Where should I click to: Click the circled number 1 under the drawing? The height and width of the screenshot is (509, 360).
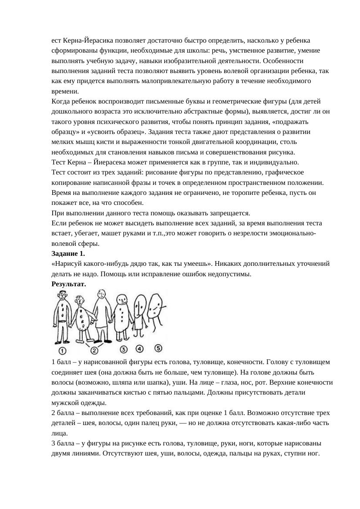click(62, 350)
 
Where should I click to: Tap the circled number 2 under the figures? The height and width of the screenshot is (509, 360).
click(94, 350)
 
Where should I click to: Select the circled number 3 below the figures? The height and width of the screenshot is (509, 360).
click(124, 349)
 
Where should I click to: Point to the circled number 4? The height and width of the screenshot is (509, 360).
click(139, 348)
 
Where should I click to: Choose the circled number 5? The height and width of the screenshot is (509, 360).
click(158, 348)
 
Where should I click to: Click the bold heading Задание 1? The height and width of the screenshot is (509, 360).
click(68, 254)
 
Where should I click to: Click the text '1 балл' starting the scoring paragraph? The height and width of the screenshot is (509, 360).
click(61, 362)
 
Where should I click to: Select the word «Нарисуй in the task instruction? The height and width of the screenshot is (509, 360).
click(67, 264)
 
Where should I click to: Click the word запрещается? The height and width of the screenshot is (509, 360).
click(228, 213)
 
